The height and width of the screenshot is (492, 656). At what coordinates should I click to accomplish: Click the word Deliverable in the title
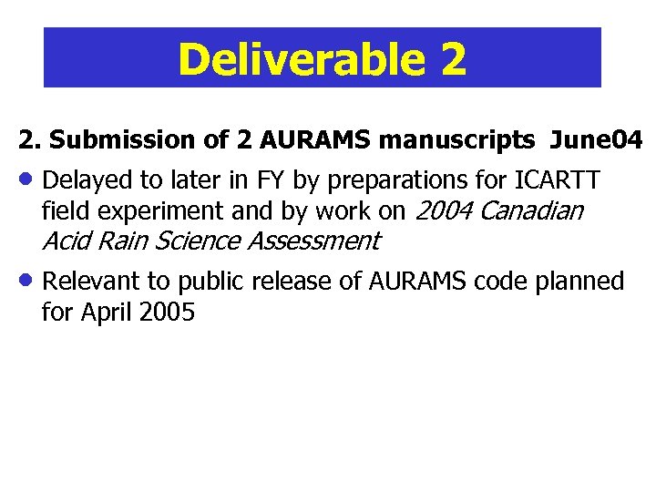pyautogui.click(x=298, y=59)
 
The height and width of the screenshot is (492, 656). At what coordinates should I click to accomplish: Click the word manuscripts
pyautogui.click(x=456, y=140)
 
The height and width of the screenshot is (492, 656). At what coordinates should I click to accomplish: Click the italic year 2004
pyautogui.click(x=444, y=210)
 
